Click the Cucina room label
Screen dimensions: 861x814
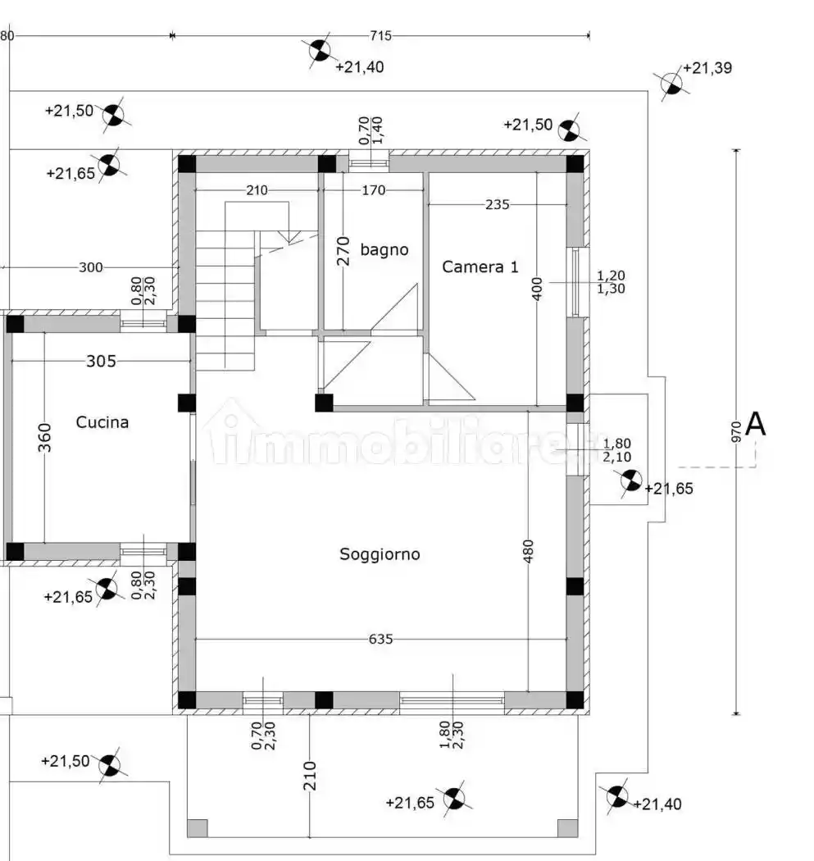pos(102,422)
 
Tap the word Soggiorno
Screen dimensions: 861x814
pos(380,554)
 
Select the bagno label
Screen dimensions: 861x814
pos(384,249)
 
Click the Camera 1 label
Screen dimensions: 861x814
pos(480,266)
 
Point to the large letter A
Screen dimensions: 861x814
pos(756,425)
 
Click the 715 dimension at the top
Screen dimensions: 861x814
pos(380,35)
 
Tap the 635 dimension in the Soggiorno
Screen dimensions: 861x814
pos(381,638)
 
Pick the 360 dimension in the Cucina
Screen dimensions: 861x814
pos(44,438)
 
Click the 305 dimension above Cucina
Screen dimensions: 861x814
pos(102,360)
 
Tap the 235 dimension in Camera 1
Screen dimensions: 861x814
pos(497,204)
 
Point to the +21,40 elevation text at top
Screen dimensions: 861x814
pos(359,67)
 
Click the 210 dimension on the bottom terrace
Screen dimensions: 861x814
pos(309,775)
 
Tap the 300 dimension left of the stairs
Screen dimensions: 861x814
pos(92,267)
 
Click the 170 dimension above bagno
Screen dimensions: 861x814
pos(373,191)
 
